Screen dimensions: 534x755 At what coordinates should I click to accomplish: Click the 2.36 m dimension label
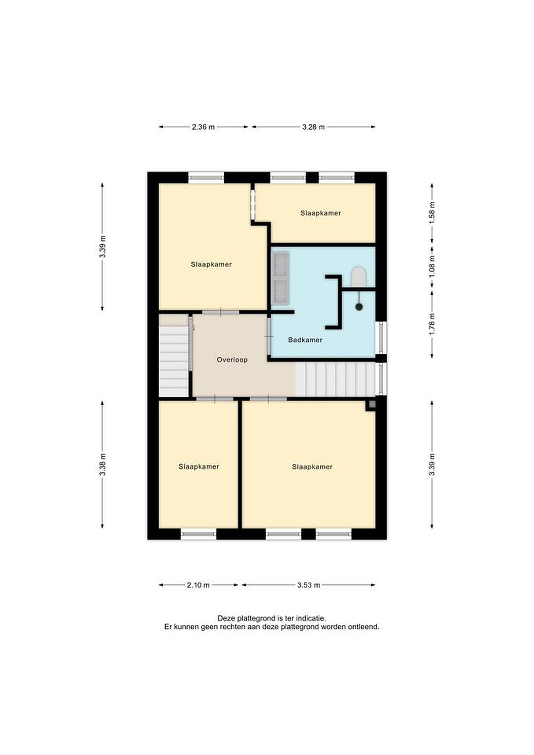[203, 127]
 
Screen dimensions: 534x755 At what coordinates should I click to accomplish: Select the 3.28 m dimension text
[313, 127]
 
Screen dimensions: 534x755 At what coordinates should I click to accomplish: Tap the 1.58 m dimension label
[432, 213]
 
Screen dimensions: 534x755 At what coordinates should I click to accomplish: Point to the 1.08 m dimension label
[432, 266]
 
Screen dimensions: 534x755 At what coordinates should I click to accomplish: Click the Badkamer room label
[305, 340]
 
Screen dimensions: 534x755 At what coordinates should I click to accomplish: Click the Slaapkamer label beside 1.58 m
[321, 213]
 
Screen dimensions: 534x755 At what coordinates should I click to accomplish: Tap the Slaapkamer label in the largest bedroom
[312, 467]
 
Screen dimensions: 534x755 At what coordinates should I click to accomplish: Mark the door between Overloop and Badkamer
[269, 336]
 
